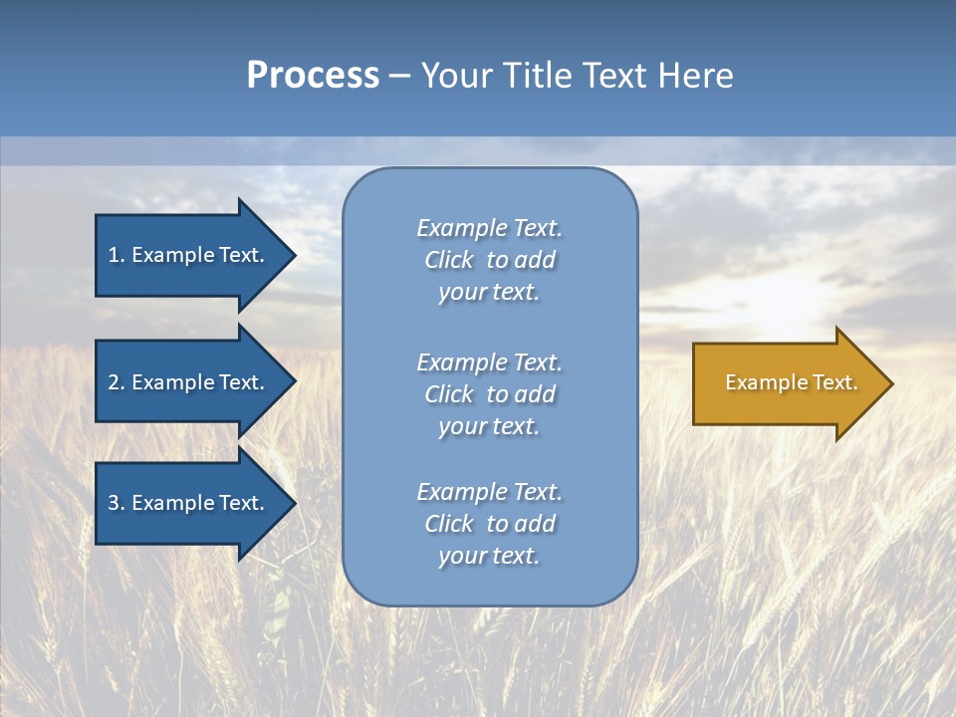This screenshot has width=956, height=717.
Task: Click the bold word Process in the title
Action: [313, 76]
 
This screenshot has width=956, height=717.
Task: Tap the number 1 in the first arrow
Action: [114, 255]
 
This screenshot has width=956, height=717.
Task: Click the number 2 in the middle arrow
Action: [114, 382]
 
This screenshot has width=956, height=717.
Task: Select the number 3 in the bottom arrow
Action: [114, 503]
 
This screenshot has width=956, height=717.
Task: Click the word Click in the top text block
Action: [449, 260]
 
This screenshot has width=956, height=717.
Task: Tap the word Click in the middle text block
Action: [449, 394]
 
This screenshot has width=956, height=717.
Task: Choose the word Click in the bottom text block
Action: [449, 524]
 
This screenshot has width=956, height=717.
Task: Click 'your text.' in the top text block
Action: [489, 292]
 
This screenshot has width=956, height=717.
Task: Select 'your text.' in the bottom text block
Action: [489, 556]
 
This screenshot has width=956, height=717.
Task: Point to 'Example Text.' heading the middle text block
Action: [489, 362]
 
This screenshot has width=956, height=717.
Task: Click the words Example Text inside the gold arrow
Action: [791, 382]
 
